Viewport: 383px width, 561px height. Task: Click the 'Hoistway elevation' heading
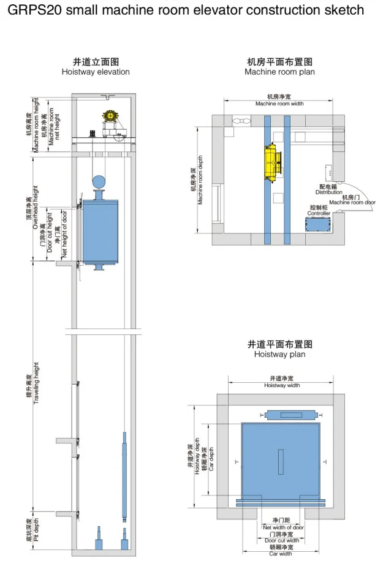point(96,72)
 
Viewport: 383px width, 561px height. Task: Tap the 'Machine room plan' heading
point(279,72)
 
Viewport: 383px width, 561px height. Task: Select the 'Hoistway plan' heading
point(279,354)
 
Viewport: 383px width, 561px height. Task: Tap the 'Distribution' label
point(329,192)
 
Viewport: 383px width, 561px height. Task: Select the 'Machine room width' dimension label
point(279,104)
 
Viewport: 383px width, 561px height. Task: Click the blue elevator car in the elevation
point(100,230)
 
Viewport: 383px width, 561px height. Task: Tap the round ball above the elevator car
point(99,182)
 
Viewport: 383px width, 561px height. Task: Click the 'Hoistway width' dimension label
point(282,385)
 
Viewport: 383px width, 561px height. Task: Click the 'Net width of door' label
point(283,527)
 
